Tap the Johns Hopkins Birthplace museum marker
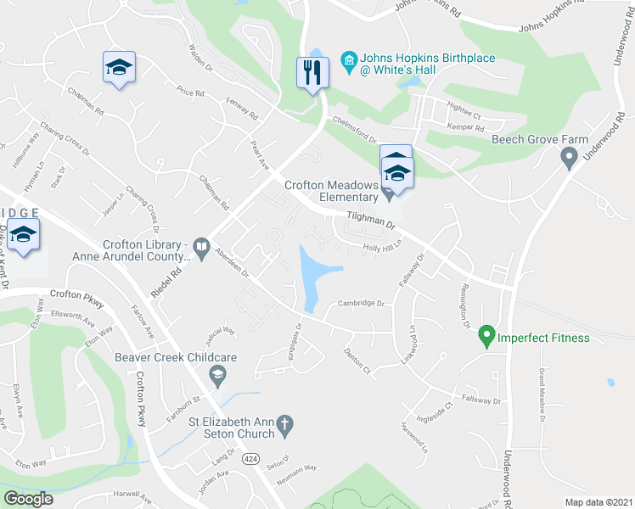tap(347, 59)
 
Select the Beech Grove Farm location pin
tap(569, 155)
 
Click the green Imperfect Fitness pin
tap(486, 337)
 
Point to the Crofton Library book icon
tap(201, 249)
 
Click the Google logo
tap(27, 499)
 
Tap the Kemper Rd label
tap(464, 126)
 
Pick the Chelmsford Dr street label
tap(354, 128)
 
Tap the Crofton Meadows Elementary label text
tap(331, 191)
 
